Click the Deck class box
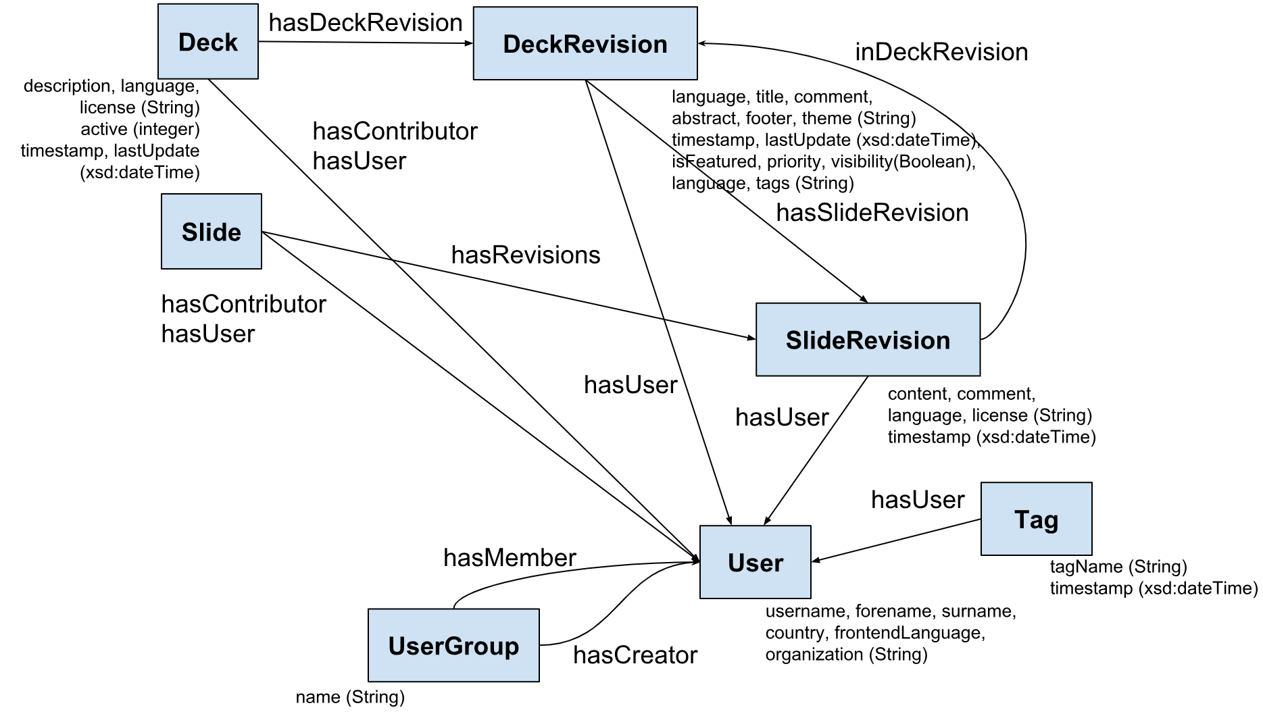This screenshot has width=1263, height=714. point(207,42)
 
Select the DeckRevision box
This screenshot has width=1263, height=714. point(585,44)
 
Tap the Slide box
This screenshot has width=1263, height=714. point(211,232)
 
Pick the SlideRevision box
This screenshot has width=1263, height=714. point(867,340)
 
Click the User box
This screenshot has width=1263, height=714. point(755,562)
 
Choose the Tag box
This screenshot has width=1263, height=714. point(1035,519)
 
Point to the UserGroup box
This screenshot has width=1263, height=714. point(453,645)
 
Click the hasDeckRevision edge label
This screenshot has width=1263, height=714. point(365,23)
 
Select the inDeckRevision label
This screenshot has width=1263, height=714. point(941,52)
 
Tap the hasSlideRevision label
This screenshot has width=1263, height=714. point(872,213)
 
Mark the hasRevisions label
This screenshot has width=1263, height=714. point(525,255)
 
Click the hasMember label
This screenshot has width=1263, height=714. point(509,557)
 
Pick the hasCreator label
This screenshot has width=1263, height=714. point(635,655)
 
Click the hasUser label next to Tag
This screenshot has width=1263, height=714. point(917,500)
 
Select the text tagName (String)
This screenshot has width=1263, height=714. point(1118,567)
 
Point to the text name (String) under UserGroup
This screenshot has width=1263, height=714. point(350,697)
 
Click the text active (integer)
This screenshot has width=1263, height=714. point(140,129)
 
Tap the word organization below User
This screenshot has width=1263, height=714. point(814,654)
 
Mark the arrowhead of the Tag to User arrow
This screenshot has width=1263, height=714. point(816,560)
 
